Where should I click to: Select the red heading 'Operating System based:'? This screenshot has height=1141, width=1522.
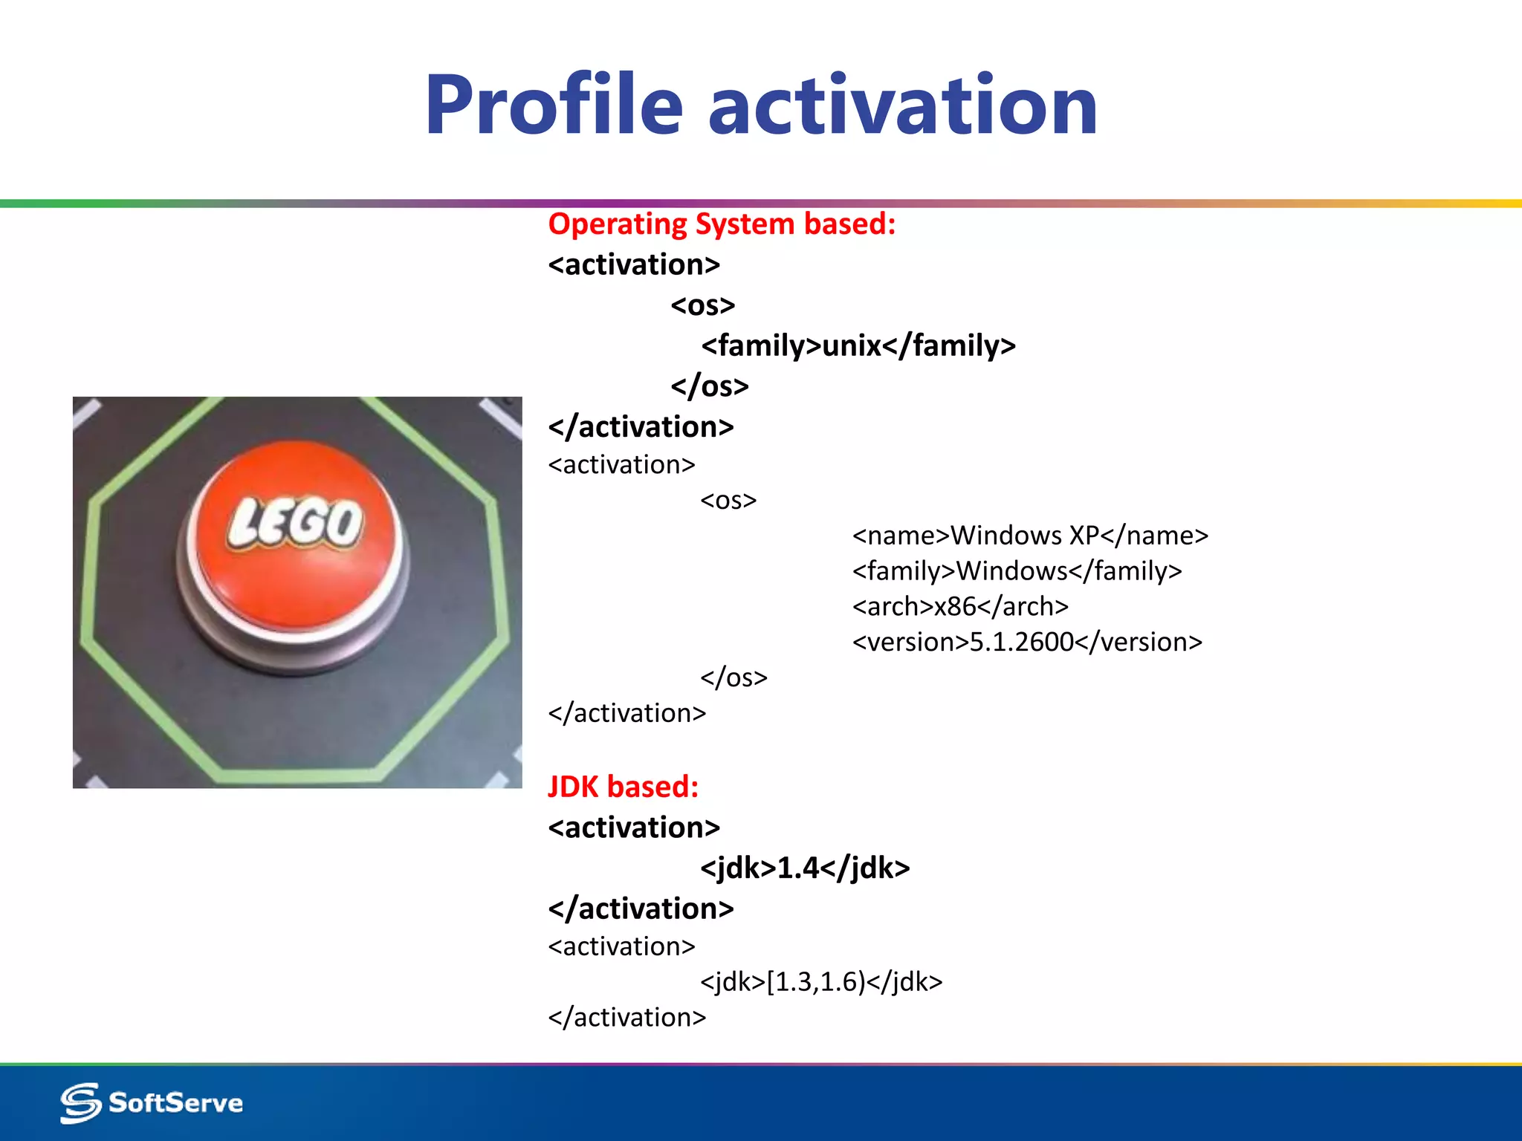coord(722,224)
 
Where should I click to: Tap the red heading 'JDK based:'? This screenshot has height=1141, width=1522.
coord(623,787)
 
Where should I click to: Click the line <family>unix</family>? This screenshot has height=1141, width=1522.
coord(858,345)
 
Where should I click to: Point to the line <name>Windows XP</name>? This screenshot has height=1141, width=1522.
coord(1030,535)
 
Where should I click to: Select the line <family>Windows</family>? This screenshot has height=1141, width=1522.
coord(1017,570)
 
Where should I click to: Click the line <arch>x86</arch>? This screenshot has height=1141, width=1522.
coord(960,606)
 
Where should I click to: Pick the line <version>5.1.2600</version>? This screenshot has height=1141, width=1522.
coord(1027,642)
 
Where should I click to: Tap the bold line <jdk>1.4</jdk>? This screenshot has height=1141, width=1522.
coord(805,868)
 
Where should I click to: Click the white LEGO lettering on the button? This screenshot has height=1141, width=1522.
coord(296,522)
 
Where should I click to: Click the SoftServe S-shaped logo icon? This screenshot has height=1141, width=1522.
coord(80,1102)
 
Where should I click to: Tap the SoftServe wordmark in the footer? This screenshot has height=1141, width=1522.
coord(176,1103)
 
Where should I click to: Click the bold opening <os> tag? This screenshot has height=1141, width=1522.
coord(702,305)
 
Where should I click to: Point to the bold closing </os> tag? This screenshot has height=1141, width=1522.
coord(709,386)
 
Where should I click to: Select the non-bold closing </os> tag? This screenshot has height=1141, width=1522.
coord(734,677)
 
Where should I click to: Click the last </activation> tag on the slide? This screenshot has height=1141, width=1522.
coord(626,1017)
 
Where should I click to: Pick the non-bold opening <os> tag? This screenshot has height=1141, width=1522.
coord(728,500)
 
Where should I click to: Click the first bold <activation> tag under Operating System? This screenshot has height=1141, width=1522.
coord(634,264)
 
